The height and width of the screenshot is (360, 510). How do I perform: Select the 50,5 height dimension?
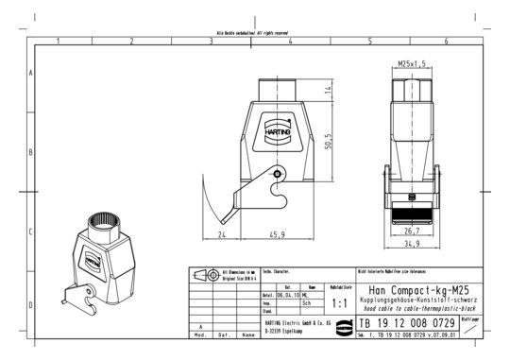(328, 141)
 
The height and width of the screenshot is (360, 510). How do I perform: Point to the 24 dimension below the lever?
(221, 233)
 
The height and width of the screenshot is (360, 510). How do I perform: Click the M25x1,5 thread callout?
(411, 63)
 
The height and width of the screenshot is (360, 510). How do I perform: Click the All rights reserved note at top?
(255, 34)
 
